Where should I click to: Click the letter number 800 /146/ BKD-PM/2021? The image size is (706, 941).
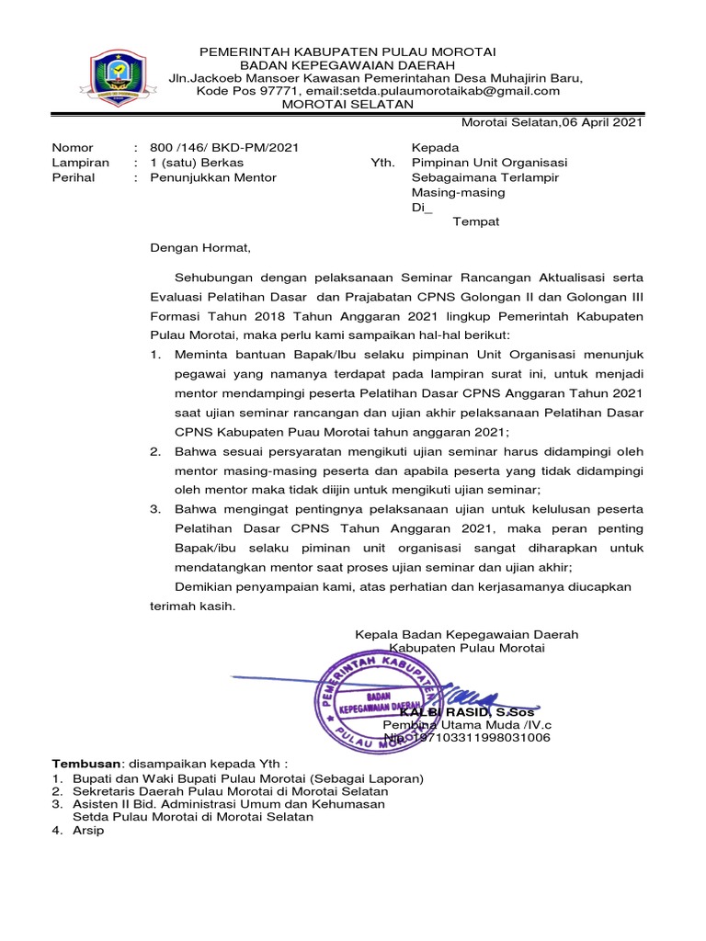[x=224, y=147]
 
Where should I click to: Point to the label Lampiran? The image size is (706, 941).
[x=81, y=163]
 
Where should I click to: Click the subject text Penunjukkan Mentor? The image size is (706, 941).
[x=213, y=177]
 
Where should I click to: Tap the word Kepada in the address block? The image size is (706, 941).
[x=435, y=147]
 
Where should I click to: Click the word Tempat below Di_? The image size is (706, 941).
[x=476, y=222]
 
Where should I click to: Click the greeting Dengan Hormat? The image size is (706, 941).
[x=200, y=247]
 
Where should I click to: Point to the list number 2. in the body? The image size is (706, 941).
[x=156, y=451]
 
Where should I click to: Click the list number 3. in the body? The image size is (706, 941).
[x=156, y=508]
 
